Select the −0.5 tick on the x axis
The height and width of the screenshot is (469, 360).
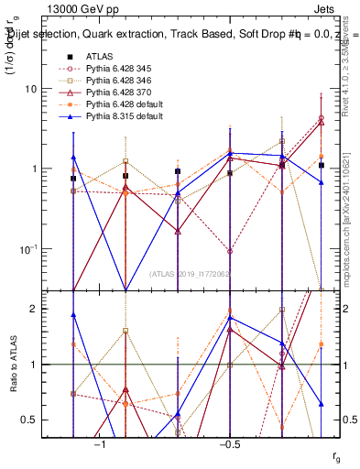point(229,444)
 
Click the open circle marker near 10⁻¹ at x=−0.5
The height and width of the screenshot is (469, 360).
point(230,250)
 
